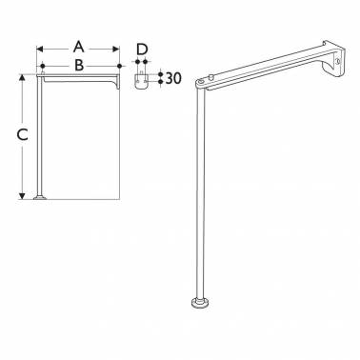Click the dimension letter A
point(78,47)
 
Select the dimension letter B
point(79,65)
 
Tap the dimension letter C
point(22,135)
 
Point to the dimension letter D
point(142,50)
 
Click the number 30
point(173,78)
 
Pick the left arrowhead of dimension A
point(40,49)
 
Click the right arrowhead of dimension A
point(116,49)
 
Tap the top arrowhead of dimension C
point(22,78)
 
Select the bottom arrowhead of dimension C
point(22,196)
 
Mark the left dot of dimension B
point(43,66)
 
